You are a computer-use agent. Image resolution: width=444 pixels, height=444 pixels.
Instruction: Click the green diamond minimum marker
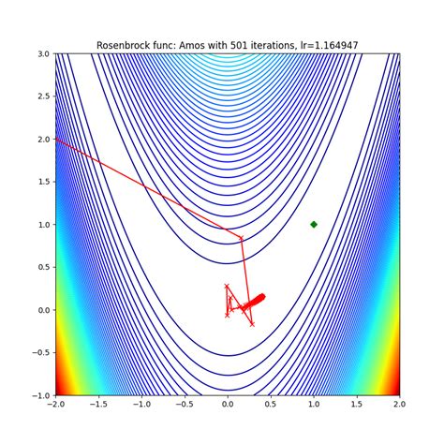click(314, 224)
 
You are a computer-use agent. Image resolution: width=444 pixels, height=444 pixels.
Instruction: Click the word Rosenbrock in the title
click(126, 45)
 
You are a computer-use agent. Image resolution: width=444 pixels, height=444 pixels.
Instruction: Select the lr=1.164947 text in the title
click(324, 45)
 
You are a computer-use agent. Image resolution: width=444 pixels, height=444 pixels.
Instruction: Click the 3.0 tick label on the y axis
click(42, 53)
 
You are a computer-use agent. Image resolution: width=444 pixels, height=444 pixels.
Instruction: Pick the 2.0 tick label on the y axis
click(42, 139)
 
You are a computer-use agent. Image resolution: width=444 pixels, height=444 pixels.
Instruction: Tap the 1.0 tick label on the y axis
click(42, 225)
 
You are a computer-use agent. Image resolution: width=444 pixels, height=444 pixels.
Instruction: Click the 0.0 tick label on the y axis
click(42, 310)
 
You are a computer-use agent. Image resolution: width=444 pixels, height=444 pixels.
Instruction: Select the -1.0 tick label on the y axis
click(39, 395)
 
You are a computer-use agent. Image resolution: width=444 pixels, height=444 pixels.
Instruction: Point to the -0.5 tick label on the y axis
click(39, 353)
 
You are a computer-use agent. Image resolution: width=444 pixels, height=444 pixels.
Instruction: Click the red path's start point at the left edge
click(56, 139)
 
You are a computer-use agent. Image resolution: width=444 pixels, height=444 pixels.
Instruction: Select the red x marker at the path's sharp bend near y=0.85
click(242, 238)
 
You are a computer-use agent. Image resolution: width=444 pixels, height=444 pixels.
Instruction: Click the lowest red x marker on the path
click(251, 324)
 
